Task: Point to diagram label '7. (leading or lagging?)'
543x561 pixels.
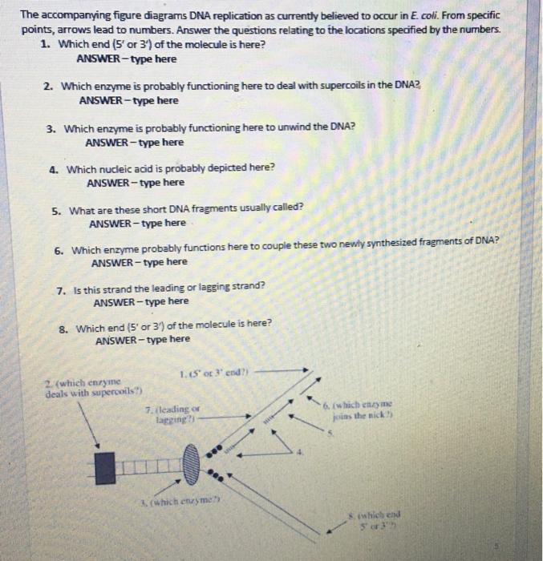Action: click(x=166, y=413)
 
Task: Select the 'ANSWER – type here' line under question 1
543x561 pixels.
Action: click(x=127, y=59)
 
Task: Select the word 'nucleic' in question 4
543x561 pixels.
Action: click(x=140, y=168)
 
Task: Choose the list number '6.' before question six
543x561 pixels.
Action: click(x=59, y=250)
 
